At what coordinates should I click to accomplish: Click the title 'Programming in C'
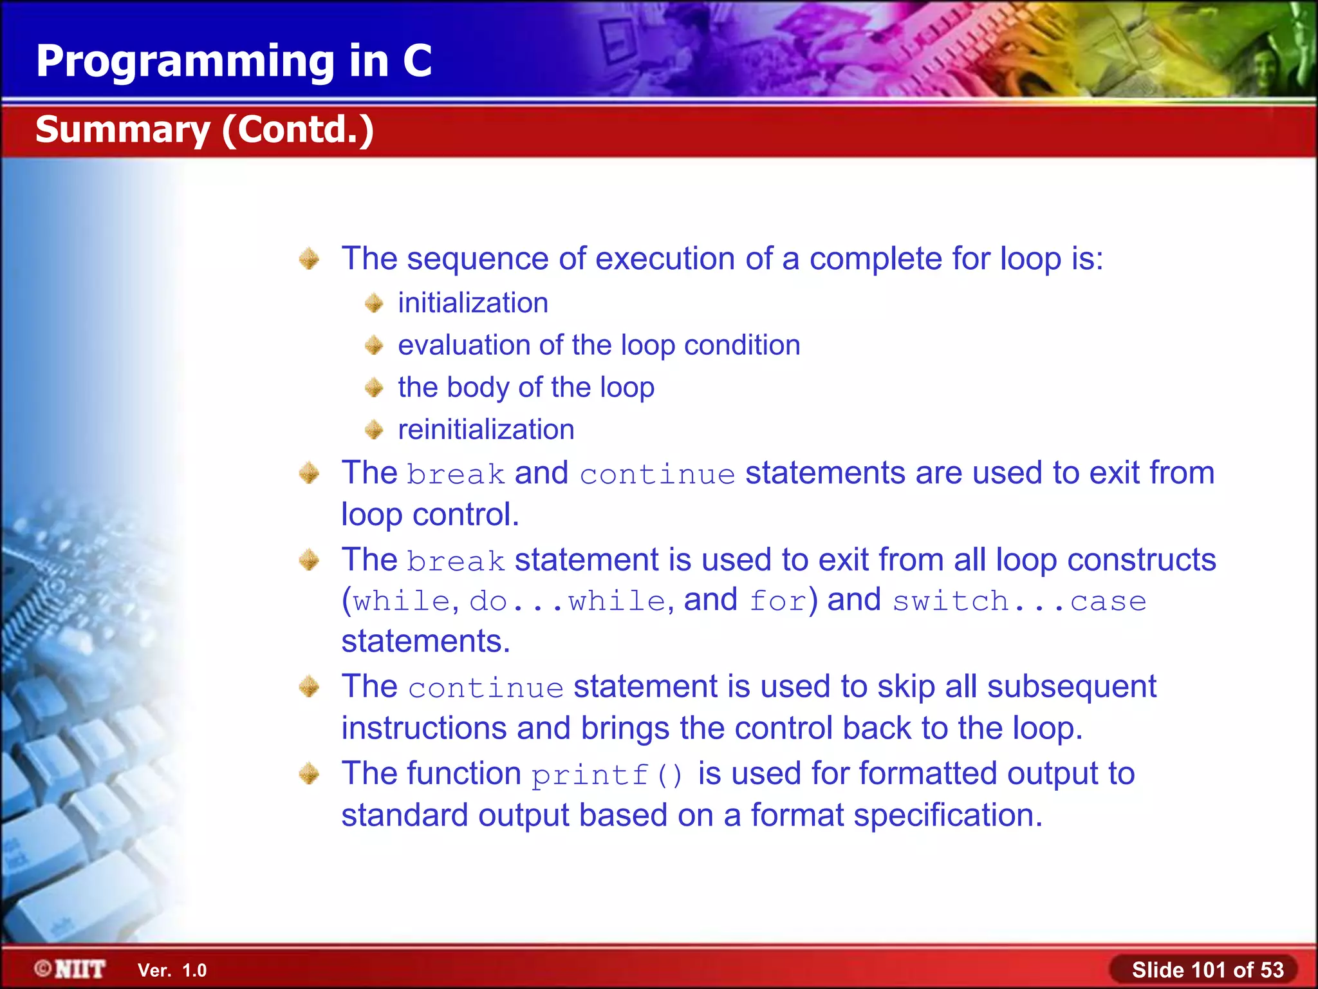coord(234,61)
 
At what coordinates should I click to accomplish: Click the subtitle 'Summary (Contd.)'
coord(204,129)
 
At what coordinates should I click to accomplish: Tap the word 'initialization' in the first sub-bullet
coord(473,303)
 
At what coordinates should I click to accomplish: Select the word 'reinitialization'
coord(486,429)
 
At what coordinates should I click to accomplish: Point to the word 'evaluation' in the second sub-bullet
coord(463,346)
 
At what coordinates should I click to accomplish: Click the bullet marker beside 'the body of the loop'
coord(374,388)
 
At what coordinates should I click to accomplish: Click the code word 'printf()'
coord(606,775)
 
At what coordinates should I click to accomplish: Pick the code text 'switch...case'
coord(1019,601)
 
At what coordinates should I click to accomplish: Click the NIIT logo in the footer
coord(70,969)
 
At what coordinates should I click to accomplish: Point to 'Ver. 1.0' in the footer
coord(172,970)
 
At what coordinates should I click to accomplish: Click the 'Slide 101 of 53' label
coord(1207,970)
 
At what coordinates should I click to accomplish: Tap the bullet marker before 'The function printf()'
coord(310,773)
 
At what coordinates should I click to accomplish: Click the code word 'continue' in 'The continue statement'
coord(486,688)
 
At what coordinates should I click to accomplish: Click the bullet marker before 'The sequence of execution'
coord(310,259)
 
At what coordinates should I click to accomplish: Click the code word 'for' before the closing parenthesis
coord(777,601)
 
